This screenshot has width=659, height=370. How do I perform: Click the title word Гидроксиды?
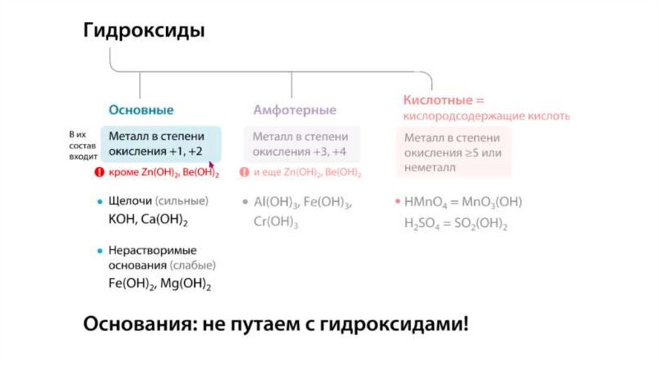point(144,31)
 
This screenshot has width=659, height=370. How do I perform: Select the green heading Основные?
point(141,110)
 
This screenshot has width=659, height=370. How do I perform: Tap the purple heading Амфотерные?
point(294,110)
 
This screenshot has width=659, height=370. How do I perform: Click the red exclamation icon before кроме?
point(99,172)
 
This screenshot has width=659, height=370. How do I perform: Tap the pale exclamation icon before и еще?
point(244,172)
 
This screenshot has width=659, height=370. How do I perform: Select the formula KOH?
point(120,219)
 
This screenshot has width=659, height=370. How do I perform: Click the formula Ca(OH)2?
point(162,219)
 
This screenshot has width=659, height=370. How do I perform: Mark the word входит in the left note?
point(83,157)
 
